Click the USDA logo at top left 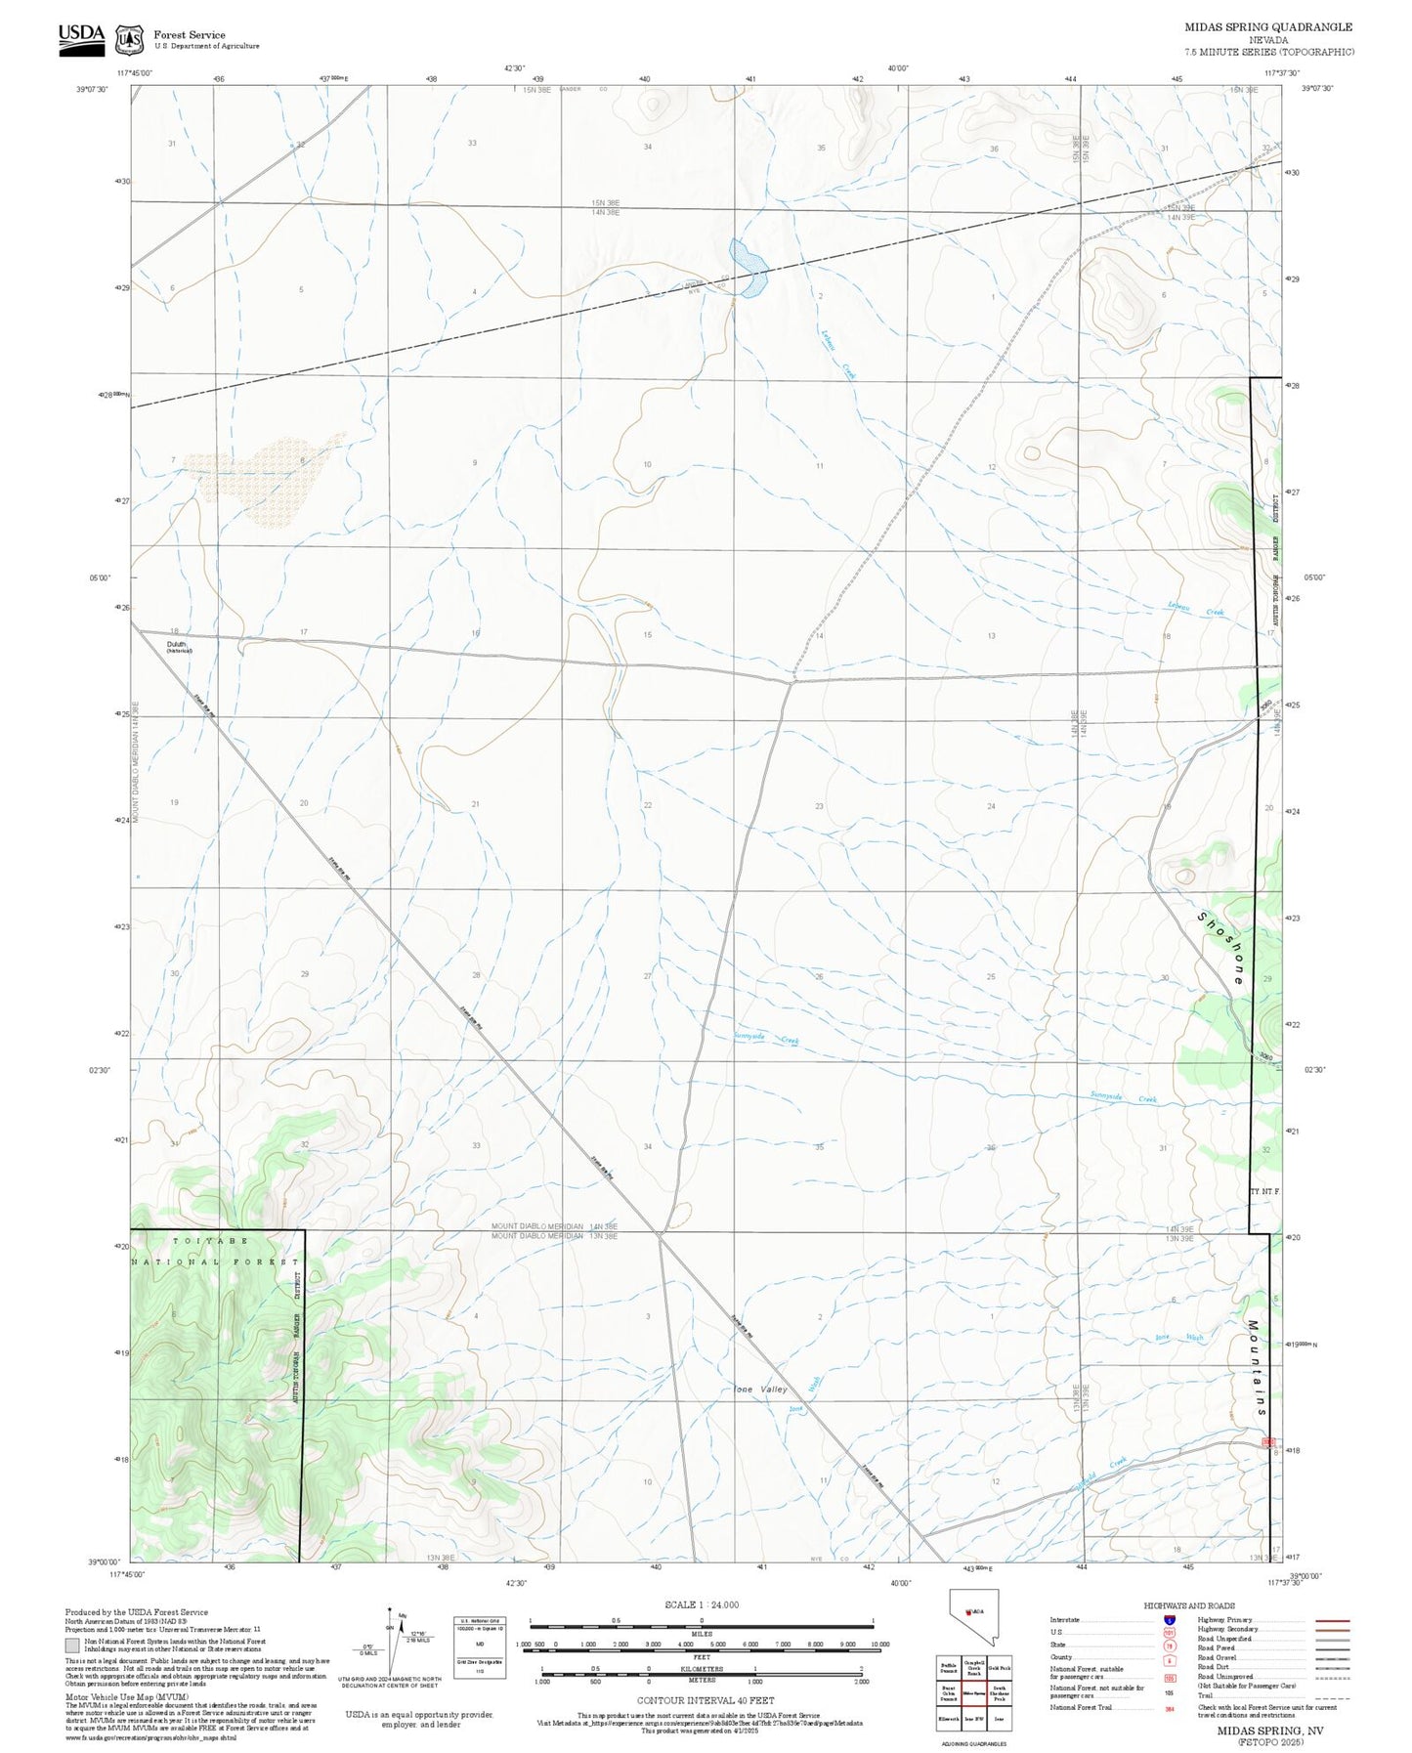(x=81, y=38)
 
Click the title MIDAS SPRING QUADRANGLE (x=1268, y=27)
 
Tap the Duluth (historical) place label (x=177, y=647)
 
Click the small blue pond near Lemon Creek (x=749, y=267)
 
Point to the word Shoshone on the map (x=1221, y=948)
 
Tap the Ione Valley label (x=760, y=1390)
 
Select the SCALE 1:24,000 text (x=701, y=1604)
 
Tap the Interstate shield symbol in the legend (x=1169, y=1620)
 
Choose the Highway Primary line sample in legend (x=1332, y=1620)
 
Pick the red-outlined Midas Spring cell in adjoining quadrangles (x=973, y=1693)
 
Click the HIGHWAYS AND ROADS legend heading (x=1189, y=1605)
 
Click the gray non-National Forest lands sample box (x=72, y=1646)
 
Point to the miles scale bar (x=701, y=1622)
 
